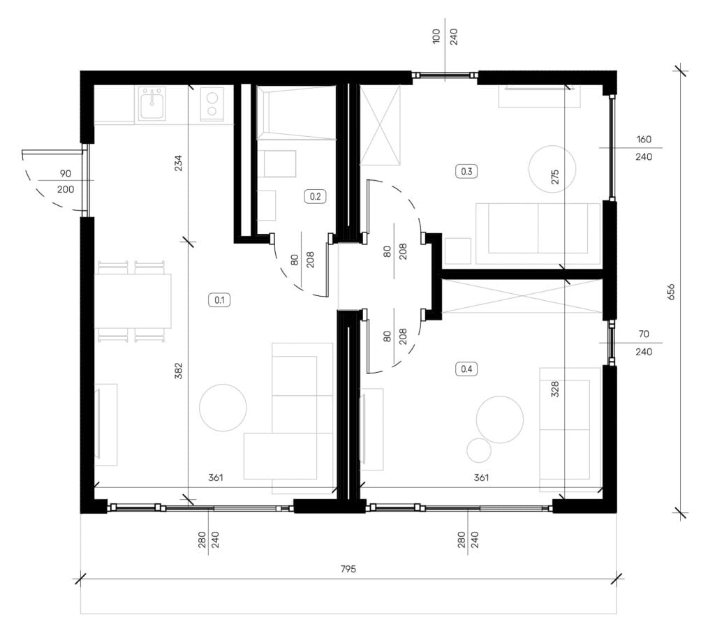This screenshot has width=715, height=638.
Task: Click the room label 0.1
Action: coord(219,300)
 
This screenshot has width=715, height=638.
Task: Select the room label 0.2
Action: coord(315,196)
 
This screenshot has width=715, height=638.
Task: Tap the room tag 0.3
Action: coord(466,171)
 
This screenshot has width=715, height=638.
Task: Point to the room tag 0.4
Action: coord(466,369)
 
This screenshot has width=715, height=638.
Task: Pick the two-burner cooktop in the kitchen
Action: coord(212,104)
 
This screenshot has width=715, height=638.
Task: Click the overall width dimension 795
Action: coord(348,569)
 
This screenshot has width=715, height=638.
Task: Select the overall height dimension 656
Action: coord(671,292)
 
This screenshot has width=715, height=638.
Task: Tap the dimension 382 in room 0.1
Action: coord(178,371)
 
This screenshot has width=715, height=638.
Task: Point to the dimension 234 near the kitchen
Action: coord(178,163)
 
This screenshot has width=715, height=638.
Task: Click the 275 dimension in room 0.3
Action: coord(555,177)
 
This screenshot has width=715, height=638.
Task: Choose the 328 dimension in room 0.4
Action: coord(555,390)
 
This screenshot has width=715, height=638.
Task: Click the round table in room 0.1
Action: coord(223,408)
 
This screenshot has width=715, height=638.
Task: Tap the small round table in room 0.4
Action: coord(479,451)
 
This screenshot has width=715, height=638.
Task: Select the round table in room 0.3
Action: coord(552,169)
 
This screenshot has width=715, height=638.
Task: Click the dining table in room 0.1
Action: coord(133,301)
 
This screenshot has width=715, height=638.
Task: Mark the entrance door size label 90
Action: coord(65,174)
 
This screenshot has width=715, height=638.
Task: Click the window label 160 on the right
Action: coord(643,140)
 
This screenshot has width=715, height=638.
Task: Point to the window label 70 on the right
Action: coord(643,334)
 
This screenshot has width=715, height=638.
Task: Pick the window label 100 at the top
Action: coord(436,36)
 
